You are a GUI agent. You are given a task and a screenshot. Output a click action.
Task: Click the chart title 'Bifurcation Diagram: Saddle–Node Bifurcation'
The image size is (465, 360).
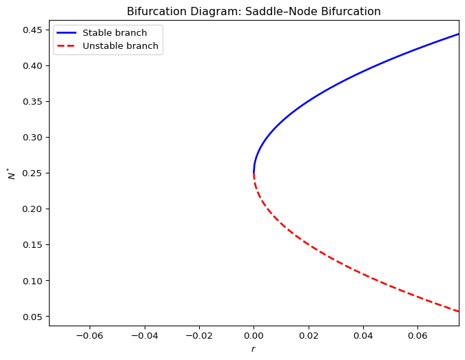pos(254,11)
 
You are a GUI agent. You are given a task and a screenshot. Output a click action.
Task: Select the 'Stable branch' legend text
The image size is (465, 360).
pos(114,33)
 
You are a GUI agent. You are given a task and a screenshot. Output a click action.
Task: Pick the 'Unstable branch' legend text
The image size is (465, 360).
pos(120,46)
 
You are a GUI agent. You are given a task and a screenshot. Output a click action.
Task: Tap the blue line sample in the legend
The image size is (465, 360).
pos(67,33)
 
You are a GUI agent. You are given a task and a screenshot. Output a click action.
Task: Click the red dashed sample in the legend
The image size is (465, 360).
pos(67,46)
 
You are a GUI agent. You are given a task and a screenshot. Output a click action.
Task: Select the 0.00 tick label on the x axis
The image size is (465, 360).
pos(254,335)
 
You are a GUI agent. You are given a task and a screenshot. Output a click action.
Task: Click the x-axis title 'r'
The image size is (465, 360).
pos(254,349)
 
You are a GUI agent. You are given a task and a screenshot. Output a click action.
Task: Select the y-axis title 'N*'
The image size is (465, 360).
pos(12,172)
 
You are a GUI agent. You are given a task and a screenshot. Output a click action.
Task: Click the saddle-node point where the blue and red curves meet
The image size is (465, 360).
pos(254,173)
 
